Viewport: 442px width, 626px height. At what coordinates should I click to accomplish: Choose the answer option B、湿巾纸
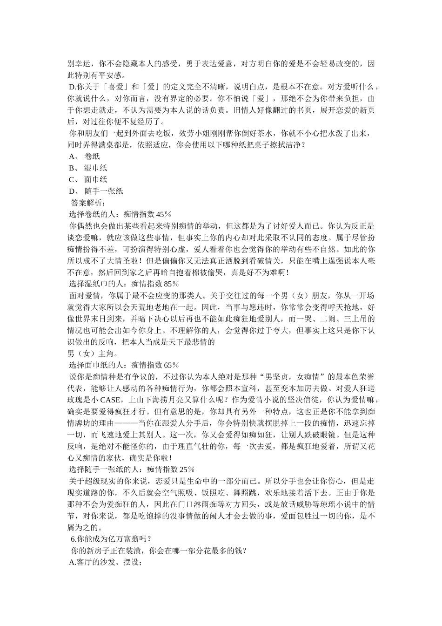coord(88,168)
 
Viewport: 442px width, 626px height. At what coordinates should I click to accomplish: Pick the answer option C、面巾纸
coord(88,179)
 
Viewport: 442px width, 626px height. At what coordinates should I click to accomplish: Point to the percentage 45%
coord(164,214)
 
